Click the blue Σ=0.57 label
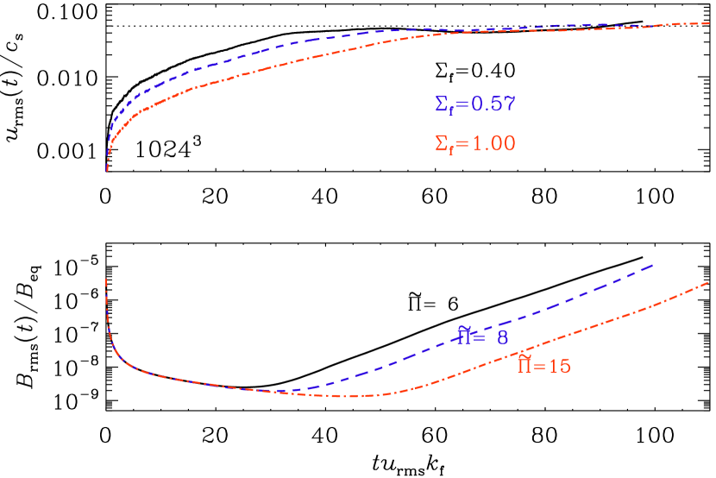click(x=475, y=105)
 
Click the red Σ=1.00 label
click(x=475, y=144)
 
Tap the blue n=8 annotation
click(x=482, y=336)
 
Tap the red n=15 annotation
click(x=543, y=365)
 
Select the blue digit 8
click(x=502, y=338)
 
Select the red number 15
click(x=559, y=366)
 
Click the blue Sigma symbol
click(x=441, y=104)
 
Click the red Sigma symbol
click(x=441, y=143)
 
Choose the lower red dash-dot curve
click(x=604, y=324)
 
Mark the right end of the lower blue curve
click(x=653, y=265)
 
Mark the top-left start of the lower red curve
click(x=106, y=280)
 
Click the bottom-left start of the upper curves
click(x=107, y=170)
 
